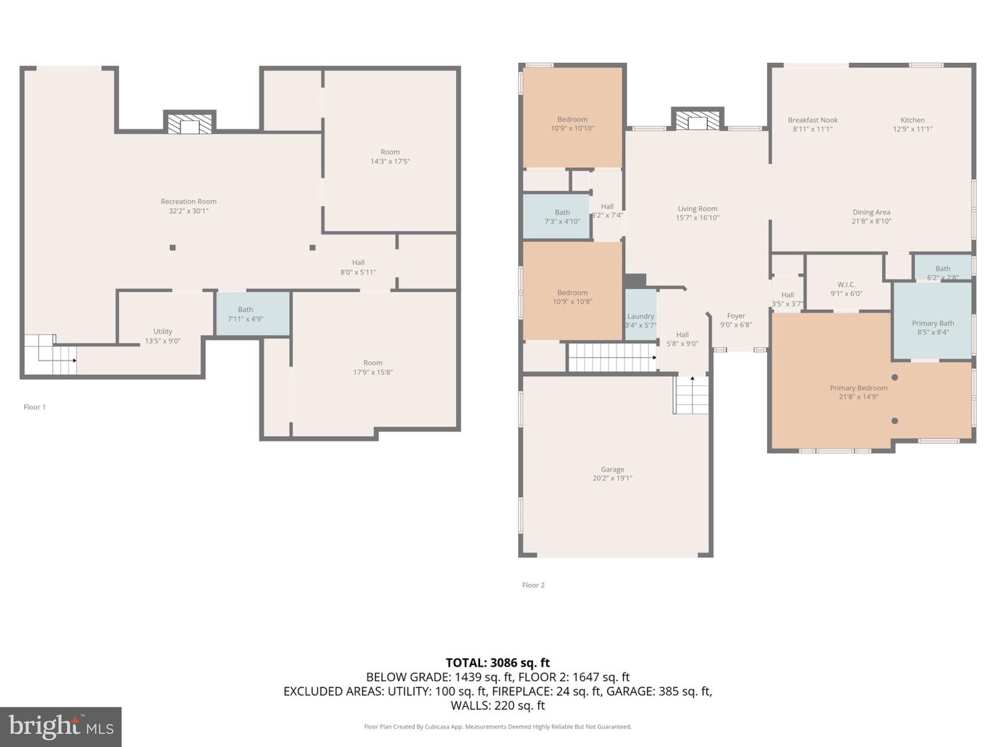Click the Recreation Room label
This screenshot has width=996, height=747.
coord(188,202)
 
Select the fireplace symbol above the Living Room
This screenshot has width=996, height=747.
coord(698,120)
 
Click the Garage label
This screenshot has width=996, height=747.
coord(612,470)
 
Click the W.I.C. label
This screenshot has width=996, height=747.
coord(846,284)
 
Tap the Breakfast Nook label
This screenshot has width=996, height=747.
coord(813,120)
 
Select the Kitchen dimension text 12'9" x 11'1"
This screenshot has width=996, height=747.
coord(912,129)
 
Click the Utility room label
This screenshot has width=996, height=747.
coord(163,332)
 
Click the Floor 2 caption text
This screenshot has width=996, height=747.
coord(533,585)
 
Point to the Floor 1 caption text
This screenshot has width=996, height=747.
coord(35,407)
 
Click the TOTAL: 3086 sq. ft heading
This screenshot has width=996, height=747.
coord(497,663)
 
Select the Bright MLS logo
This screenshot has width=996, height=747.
coord(61,726)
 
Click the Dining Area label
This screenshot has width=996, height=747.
coord(871,212)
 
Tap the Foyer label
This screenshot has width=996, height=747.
coord(736,316)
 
